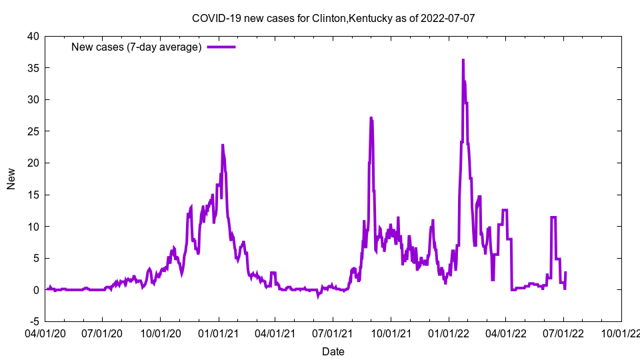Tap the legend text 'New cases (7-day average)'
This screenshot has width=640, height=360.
pyautogui.click(x=136, y=47)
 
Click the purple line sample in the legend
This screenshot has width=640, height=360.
pyautogui.click(x=221, y=47)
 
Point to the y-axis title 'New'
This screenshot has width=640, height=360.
pyautogui.click(x=11, y=179)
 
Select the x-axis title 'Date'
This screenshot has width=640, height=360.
pyautogui.click(x=333, y=351)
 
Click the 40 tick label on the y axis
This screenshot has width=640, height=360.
pyautogui.click(x=33, y=36)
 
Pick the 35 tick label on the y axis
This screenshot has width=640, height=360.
pyautogui.click(x=33, y=68)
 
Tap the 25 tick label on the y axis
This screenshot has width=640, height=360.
pyautogui.click(x=33, y=131)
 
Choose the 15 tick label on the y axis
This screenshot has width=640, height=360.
pyautogui.click(x=33, y=195)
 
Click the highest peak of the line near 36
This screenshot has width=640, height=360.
pyautogui.click(x=463, y=60)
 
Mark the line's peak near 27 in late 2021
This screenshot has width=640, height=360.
pyautogui.click(x=371, y=118)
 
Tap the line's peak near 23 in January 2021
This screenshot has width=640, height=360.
pyautogui.click(x=223, y=145)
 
